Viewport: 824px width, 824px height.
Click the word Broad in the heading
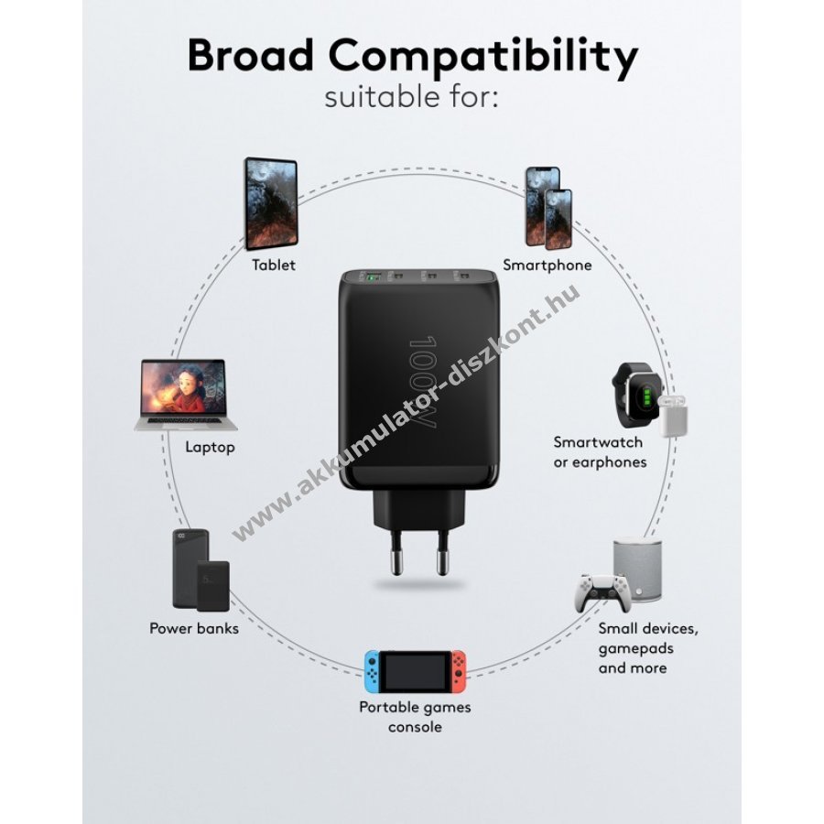coord(250,54)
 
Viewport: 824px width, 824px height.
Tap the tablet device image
coord(271,204)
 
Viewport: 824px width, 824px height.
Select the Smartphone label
coord(548,265)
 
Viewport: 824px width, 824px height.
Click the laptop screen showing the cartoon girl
coord(182,388)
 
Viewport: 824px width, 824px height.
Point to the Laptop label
coord(210,447)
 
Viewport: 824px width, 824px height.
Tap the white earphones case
coord(673,417)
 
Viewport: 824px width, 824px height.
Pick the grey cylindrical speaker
coord(637,569)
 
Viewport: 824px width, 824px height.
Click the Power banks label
coord(194,628)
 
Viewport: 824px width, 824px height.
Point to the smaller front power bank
coord(213,587)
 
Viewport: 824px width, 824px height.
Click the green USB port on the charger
coord(374,276)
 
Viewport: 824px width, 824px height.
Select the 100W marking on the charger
coord(422,382)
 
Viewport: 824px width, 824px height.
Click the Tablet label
coord(273,265)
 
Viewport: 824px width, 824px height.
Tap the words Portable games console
coord(415,717)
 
